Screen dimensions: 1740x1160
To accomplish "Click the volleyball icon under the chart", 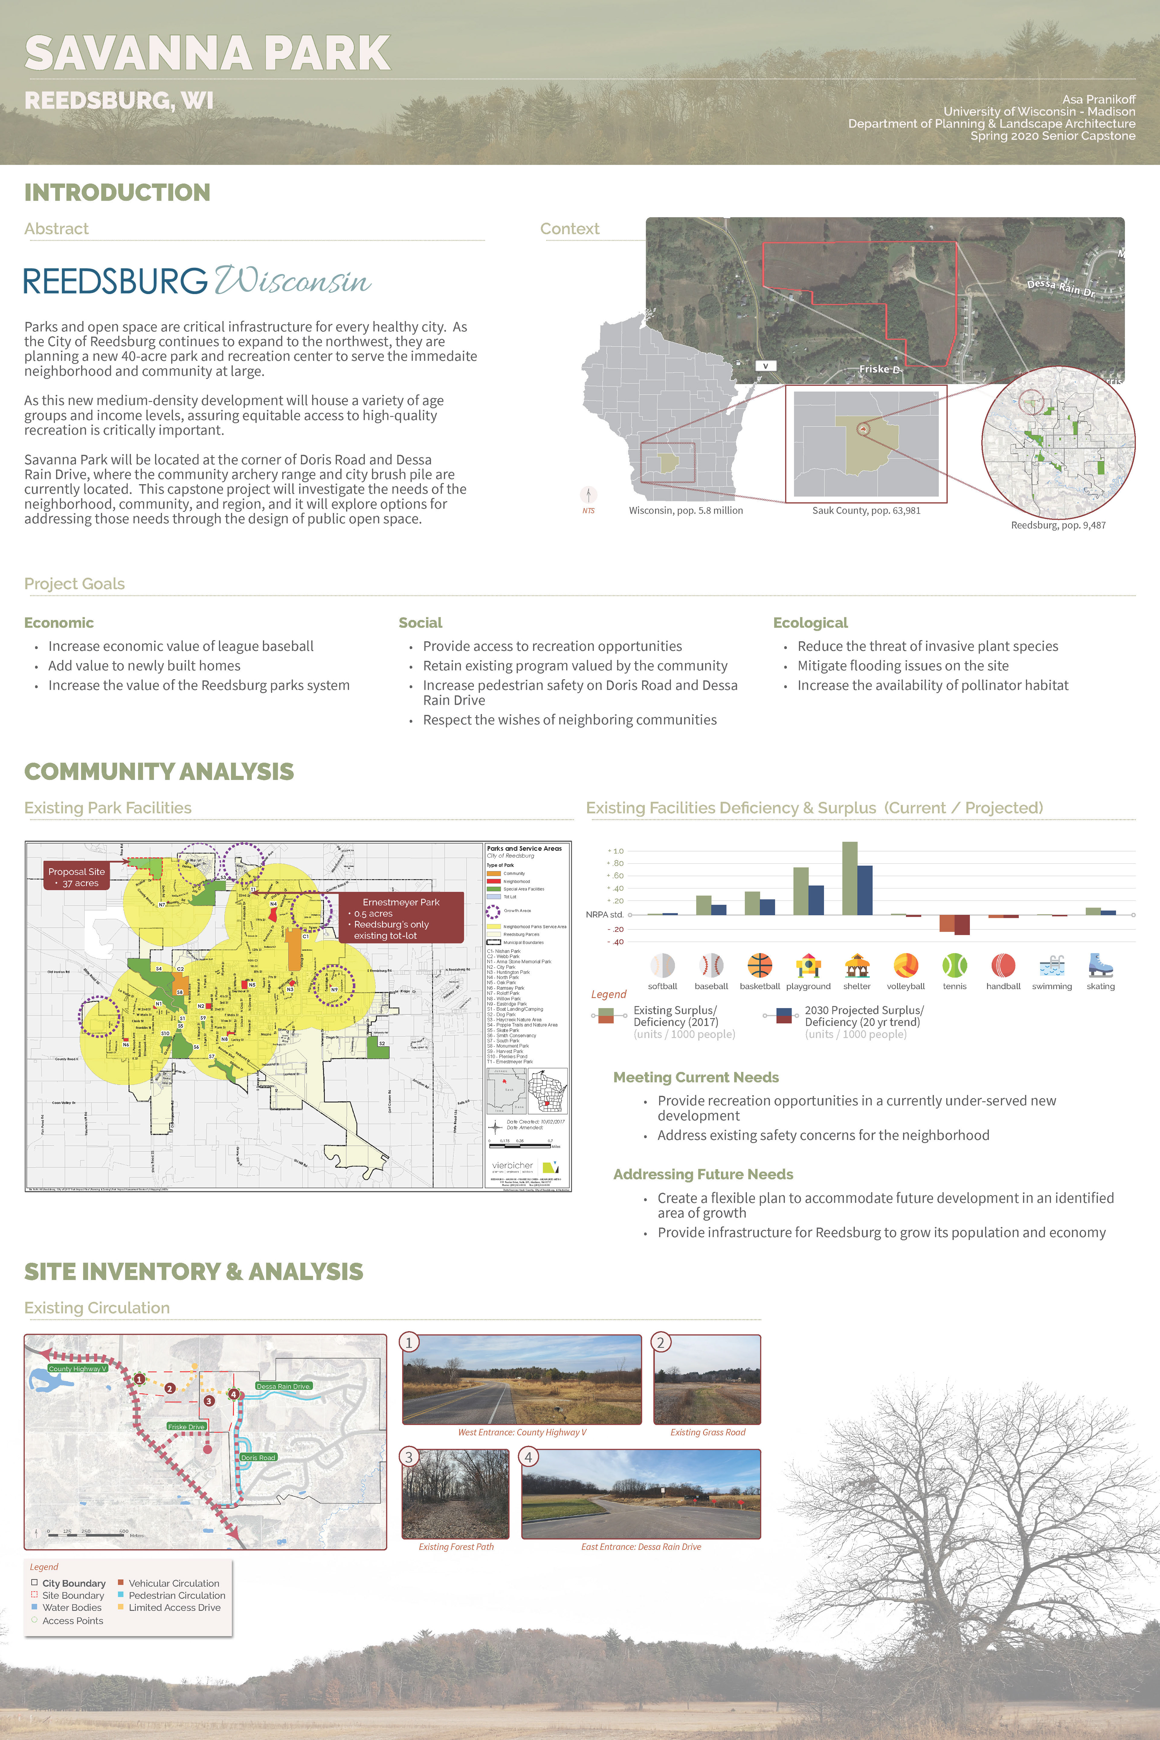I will coord(906,965).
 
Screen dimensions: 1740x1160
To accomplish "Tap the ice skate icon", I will coord(1100,965).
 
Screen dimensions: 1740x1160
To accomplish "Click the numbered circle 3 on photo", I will coord(408,1457).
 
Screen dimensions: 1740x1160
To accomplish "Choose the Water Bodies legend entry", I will coord(72,1608).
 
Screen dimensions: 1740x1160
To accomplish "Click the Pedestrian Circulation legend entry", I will coord(176,1596).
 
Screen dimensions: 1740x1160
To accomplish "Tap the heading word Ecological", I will coord(810,623).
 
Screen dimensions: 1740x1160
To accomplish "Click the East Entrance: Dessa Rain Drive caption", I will coord(641,1547).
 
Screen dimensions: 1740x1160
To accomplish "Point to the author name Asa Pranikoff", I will coord(1099,99).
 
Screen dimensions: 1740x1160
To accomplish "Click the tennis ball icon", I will coord(954,965).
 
